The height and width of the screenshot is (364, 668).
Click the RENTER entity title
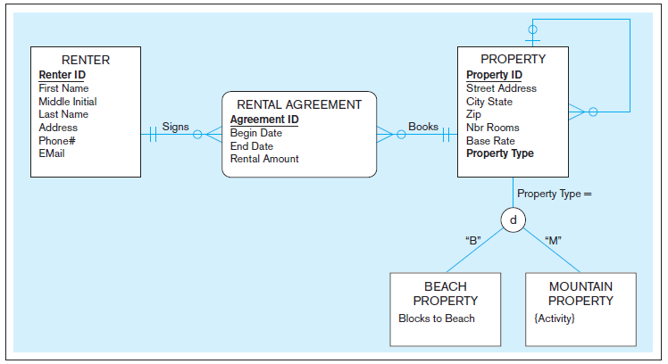pyautogui.click(x=86, y=60)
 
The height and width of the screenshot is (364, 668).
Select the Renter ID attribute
pyautogui.click(x=62, y=75)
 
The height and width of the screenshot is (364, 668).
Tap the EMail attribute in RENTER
pyautogui.click(x=52, y=153)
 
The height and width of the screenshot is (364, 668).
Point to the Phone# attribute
pyautogui.click(x=56, y=140)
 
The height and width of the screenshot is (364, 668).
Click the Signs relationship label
pyautogui.click(x=175, y=127)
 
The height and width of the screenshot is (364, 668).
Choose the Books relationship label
pyautogui.click(x=423, y=127)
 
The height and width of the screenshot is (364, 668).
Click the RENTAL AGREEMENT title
pyautogui.click(x=299, y=104)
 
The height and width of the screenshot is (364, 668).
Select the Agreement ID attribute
pyautogui.click(x=264, y=120)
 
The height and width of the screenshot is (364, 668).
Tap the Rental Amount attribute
pyautogui.click(x=264, y=159)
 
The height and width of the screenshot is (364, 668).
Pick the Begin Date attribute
pyautogui.click(x=255, y=133)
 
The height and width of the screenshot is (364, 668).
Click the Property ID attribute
pyautogui.click(x=494, y=75)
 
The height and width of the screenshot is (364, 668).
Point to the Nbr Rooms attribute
pyautogui.click(x=492, y=128)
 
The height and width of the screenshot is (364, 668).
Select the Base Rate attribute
pyautogui.click(x=490, y=141)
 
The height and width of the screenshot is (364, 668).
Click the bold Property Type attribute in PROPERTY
pyautogui.click(x=500, y=153)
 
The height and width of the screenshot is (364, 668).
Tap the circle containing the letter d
pyautogui.click(x=513, y=219)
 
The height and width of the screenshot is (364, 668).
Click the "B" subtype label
pyautogui.click(x=473, y=240)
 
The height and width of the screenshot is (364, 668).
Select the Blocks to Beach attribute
pyautogui.click(x=437, y=318)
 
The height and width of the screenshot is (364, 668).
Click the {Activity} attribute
pyautogui.click(x=554, y=318)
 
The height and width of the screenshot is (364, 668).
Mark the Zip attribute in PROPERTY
pyautogui.click(x=473, y=114)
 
